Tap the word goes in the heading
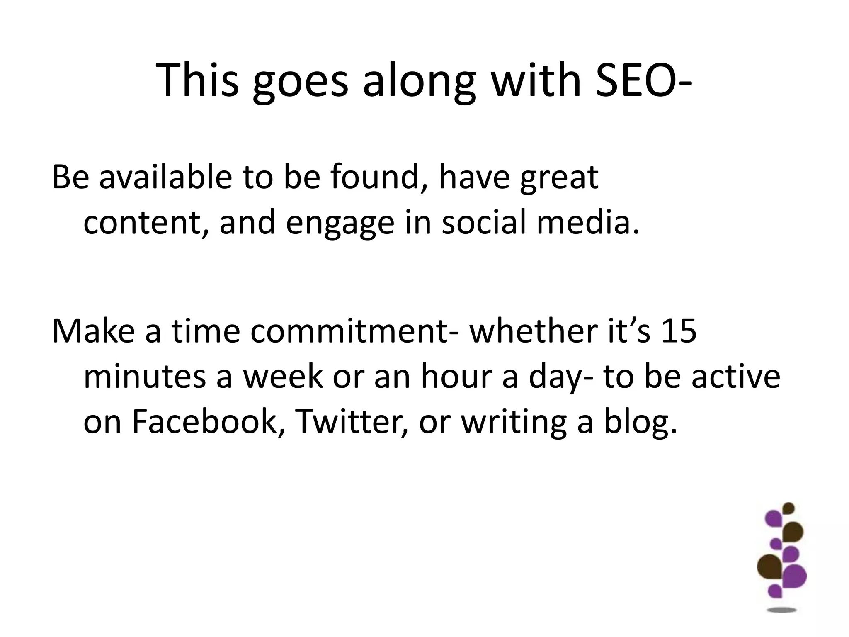[x=301, y=82]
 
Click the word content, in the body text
[x=142, y=222]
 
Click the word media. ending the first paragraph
[x=588, y=222]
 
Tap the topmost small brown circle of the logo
[x=788, y=508]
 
